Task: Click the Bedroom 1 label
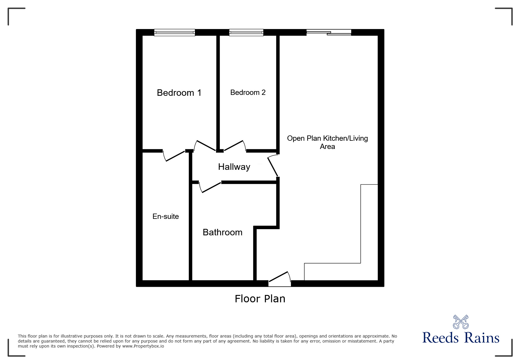pyautogui.click(x=179, y=93)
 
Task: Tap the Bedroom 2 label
pyautogui.click(x=248, y=93)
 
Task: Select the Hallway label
pyautogui.click(x=234, y=167)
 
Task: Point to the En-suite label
pyautogui.click(x=166, y=217)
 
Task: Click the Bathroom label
pyautogui.click(x=223, y=232)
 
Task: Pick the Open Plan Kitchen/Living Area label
pyautogui.click(x=327, y=142)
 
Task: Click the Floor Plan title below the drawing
pyautogui.click(x=260, y=299)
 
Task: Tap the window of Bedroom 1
pyautogui.click(x=174, y=32)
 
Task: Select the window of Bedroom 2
pyautogui.click(x=246, y=32)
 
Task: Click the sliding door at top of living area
pyautogui.click(x=329, y=32)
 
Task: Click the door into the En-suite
pyautogui.click(x=174, y=156)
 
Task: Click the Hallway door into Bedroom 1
pyautogui.click(x=206, y=146)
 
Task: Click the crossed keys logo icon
pyautogui.click(x=461, y=322)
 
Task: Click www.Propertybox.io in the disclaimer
pyautogui.click(x=143, y=346)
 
